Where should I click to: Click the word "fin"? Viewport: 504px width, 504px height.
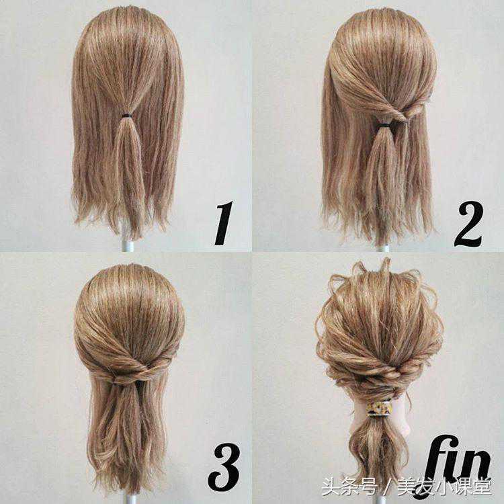click(x=458, y=463)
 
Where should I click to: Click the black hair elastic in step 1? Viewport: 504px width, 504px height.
click(x=126, y=116)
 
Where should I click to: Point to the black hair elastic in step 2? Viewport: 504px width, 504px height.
click(x=383, y=124)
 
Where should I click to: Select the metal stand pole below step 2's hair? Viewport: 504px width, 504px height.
click(x=382, y=248)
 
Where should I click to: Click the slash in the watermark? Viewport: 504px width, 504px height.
click(x=387, y=487)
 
